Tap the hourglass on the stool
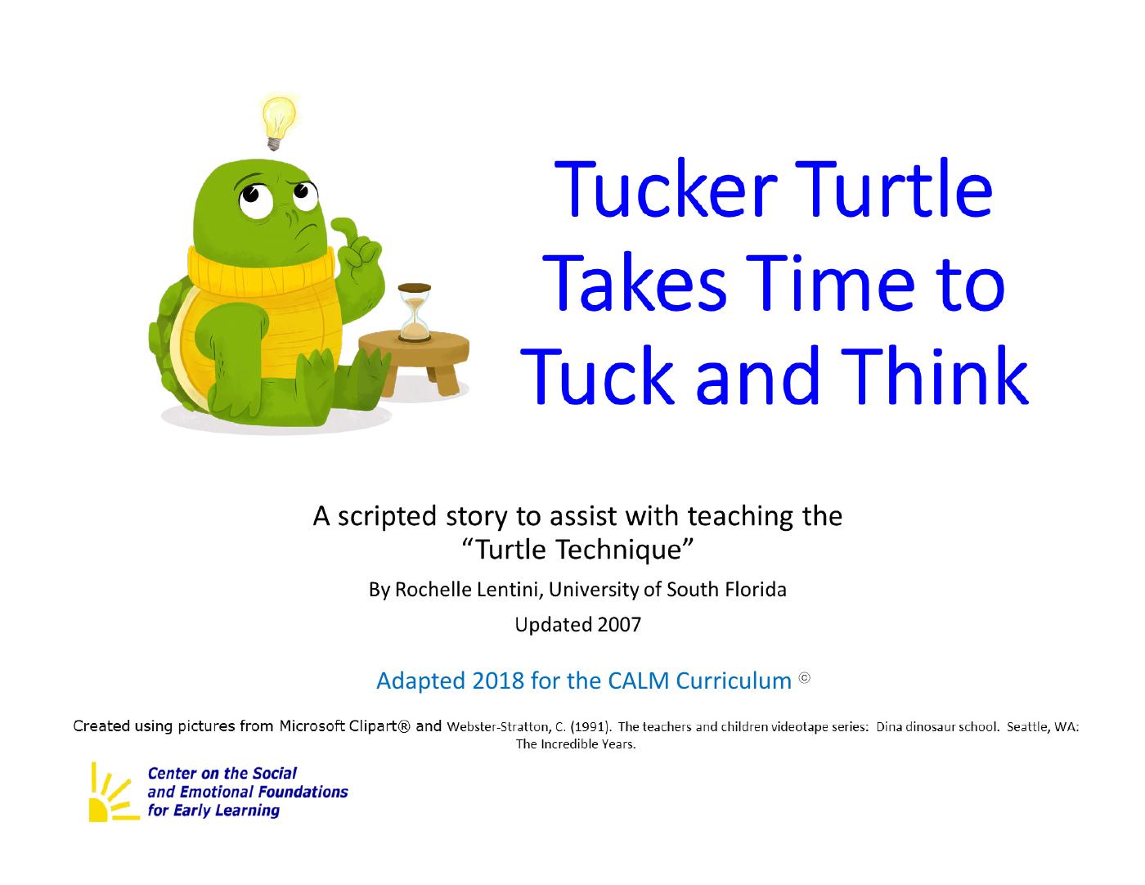[x=415, y=312]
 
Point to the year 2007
[x=619, y=625]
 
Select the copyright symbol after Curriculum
[x=804, y=678]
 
